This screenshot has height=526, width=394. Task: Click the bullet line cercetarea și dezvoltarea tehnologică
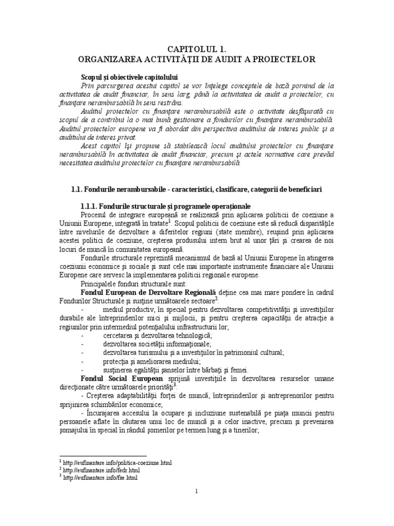point(154,335)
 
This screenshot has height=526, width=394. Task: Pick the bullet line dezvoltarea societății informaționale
point(156,344)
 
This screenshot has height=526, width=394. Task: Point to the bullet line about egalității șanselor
point(175,369)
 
